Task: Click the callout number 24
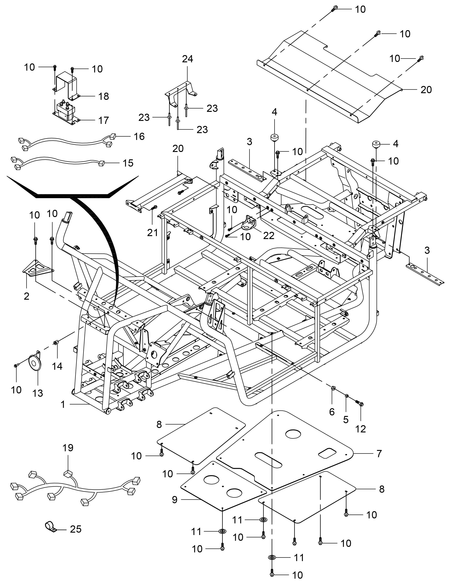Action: click(187, 59)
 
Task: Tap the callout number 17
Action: click(104, 120)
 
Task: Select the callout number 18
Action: click(104, 96)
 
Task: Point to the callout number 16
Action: click(139, 136)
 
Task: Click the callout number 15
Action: click(128, 163)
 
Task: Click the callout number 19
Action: click(68, 447)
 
